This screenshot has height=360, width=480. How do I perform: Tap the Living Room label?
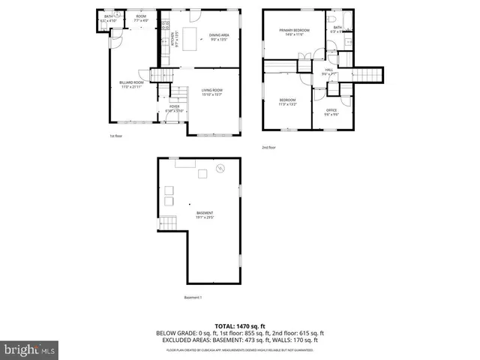[x=211, y=92]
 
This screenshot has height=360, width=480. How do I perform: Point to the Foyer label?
[x=174, y=109]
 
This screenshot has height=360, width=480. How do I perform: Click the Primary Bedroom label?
[x=289, y=32]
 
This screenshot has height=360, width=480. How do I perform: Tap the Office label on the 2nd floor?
[x=331, y=112]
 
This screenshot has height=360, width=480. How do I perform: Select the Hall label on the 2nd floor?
[x=328, y=72]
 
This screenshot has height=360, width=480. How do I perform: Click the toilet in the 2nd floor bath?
[x=331, y=18]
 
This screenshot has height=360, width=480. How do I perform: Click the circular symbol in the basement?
[x=220, y=169]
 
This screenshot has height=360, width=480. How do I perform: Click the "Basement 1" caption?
[x=193, y=298]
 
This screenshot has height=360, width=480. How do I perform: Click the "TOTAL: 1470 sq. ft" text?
[x=239, y=326]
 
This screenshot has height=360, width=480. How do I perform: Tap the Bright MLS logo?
[x=30, y=349]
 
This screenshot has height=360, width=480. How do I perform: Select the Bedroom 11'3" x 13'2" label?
[x=288, y=101]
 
